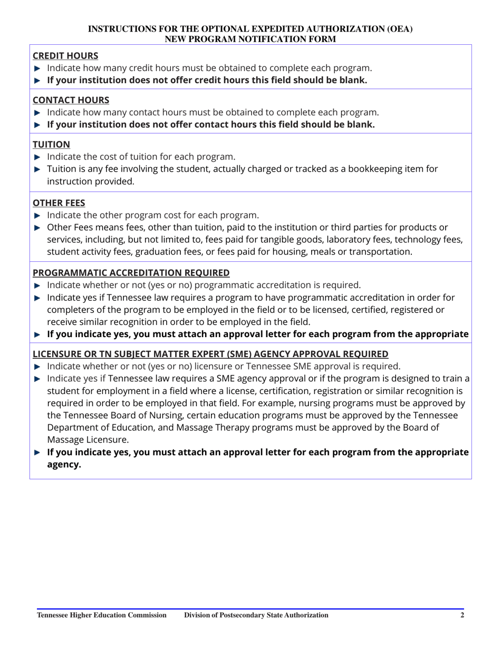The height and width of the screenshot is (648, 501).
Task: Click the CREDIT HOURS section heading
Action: (65, 55)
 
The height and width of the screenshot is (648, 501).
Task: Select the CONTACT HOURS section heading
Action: (71, 100)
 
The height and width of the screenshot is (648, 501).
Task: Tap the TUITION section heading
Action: (51, 144)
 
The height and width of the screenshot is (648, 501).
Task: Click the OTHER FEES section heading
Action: (59, 202)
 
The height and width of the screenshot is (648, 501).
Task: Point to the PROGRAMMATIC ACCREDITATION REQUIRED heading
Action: (131, 272)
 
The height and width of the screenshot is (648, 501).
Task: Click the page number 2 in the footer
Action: (462, 615)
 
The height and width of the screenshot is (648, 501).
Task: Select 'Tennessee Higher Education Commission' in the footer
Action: (102, 615)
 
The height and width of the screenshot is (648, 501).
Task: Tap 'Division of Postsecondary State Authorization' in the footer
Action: (256, 615)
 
